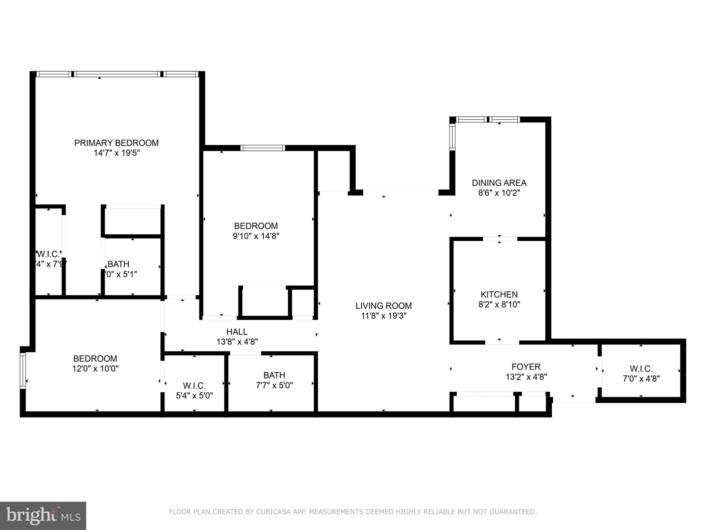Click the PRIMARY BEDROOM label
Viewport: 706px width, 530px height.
pyautogui.click(x=117, y=143)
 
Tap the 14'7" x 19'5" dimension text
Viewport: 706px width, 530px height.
pyautogui.click(x=117, y=153)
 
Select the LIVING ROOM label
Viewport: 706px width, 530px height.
pyautogui.click(x=384, y=306)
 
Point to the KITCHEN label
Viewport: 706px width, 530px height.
pyautogui.click(x=499, y=294)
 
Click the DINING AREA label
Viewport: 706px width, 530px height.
pyautogui.click(x=499, y=183)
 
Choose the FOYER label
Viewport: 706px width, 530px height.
pyautogui.click(x=526, y=366)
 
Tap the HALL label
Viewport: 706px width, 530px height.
pyautogui.click(x=237, y=332)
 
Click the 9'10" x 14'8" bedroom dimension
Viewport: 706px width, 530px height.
pyautogui.click(x=256, y=236)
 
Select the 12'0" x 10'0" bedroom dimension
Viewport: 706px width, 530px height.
pyautogui.click(x=95, y=369)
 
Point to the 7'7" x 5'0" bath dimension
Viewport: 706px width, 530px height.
pyautogui.click(x=274, y=385)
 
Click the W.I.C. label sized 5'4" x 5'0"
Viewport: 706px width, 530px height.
pyautogui.click(x=194, y=385)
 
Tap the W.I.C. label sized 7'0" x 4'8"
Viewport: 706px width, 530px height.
pyautogui.click(x=641, y=369)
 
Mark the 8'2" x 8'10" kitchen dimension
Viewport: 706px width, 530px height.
pyautogui.click(x=499, y=304)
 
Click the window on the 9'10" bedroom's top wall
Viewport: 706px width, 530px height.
pyautogui.click(x=263, y=148)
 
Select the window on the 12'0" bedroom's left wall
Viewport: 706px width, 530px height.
pyautogui.click(x=23, y=371)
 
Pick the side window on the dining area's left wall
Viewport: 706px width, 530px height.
pyautogui.click(x=452, y=137)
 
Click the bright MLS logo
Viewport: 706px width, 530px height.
pyautogui.click(x=43, y=516)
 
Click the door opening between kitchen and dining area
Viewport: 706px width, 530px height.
pyautogui.click(x=500, y=239)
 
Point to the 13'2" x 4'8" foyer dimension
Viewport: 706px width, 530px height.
pyautogui.click(x=526, y=377)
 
